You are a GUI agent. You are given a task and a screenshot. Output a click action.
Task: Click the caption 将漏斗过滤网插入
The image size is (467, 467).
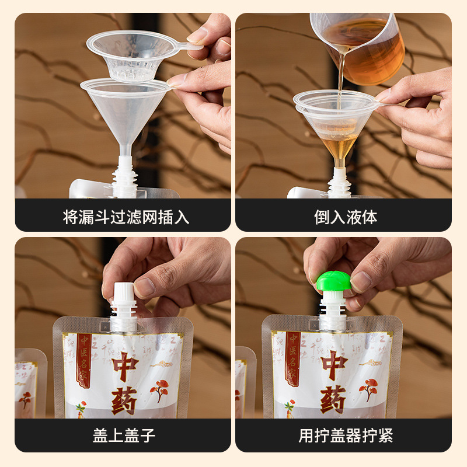126,217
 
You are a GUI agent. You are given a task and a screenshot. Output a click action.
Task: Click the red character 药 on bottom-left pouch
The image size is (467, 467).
124,400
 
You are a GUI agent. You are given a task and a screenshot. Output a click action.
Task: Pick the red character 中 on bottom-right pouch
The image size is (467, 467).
333,365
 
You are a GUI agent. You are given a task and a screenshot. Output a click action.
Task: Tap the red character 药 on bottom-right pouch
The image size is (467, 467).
333,399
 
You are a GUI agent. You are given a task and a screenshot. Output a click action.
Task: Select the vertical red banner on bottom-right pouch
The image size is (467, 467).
292,358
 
